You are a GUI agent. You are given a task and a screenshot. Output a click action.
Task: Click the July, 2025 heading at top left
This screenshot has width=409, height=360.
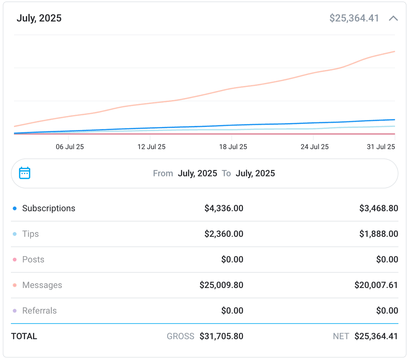[39, 18]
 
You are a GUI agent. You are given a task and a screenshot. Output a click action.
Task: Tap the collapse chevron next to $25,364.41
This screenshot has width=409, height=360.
[393, 18]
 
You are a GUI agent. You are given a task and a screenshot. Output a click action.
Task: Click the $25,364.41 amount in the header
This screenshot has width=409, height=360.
[354, 18]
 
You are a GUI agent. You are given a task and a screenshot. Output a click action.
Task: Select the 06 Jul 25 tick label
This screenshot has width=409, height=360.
[70, 147]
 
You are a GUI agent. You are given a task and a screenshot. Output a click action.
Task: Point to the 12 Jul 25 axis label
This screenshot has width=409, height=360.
[151, 147]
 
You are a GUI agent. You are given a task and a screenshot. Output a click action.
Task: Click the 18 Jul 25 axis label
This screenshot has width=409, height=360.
[233, 147]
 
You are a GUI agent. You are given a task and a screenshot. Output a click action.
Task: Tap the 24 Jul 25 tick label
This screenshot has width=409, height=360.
[314, 147]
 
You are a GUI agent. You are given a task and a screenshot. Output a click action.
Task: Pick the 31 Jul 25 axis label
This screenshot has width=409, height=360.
[381, 147]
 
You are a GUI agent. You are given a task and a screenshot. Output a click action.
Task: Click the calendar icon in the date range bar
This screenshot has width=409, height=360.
[25, 173]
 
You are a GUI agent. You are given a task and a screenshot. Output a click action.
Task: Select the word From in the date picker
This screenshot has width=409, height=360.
[163, 173]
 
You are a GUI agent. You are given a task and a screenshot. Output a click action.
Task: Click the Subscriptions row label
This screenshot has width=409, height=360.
[48, 208]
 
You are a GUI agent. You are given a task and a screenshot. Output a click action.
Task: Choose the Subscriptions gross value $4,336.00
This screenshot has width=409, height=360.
[224, 208]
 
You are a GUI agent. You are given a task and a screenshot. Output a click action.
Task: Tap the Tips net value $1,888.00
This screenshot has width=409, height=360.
[378, 234]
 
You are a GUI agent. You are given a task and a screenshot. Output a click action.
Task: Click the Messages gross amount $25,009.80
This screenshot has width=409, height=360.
[221, 285]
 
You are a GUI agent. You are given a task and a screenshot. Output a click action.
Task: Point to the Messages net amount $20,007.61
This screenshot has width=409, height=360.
[376, 285]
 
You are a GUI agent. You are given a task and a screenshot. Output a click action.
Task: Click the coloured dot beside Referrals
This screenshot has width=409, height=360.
[15, 311]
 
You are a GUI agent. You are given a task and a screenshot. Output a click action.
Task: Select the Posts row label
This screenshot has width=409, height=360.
[33, 259]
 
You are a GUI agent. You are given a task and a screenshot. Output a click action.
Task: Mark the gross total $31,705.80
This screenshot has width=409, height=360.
[221, 336]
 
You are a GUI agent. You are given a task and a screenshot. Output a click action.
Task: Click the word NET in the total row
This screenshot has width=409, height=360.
[340, 336]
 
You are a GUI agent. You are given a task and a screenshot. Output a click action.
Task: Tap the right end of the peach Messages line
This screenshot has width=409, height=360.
[394, 52]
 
